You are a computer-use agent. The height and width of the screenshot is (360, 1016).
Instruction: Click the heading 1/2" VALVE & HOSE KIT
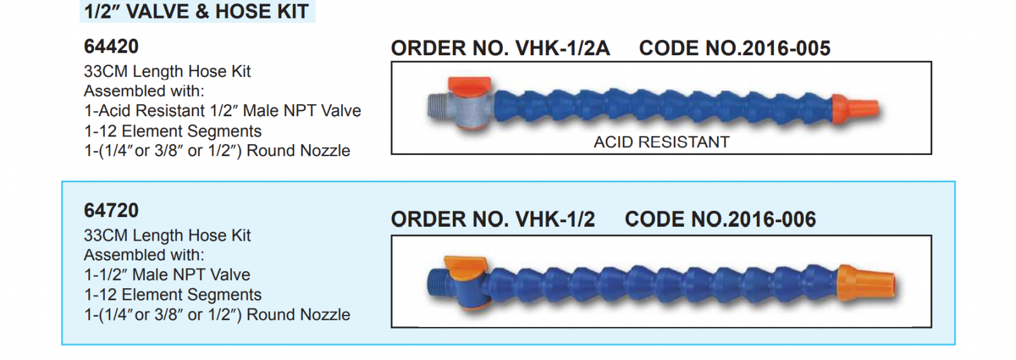197,11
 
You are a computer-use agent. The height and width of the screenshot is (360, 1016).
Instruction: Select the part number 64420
111,46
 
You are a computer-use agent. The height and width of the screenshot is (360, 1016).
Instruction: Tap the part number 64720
111,210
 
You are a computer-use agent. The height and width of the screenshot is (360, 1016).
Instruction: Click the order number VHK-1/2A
563,48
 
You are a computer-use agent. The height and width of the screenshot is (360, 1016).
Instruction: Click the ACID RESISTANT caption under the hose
661,142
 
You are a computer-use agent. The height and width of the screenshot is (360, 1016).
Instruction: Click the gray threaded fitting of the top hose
438,108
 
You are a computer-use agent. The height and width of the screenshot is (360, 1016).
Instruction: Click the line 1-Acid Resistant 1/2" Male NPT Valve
222,111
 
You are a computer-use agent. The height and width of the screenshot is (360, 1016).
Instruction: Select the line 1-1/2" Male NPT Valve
167,275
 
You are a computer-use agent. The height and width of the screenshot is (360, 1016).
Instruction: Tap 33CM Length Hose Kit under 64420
167,72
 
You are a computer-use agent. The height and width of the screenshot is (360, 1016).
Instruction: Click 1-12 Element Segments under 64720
173,295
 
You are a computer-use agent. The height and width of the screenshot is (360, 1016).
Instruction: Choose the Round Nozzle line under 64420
217,151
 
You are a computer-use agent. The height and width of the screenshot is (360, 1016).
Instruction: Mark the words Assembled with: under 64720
144,255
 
